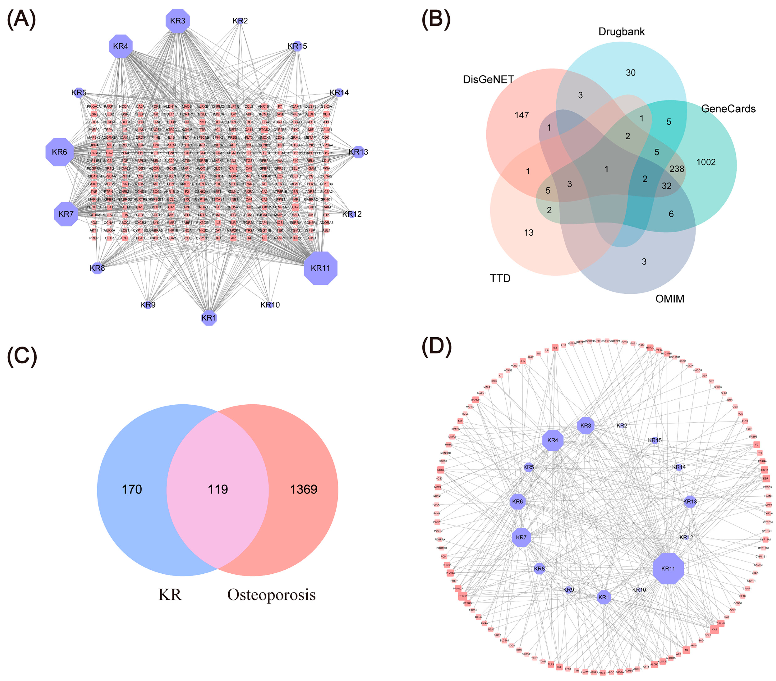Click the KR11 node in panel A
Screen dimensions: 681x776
click(320, 268)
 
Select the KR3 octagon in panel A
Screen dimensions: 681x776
click(178, 20)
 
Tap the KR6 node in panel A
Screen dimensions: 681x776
click(60, 152)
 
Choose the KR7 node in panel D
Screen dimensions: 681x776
click(521, 537)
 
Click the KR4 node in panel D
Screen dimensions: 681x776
click(553, 440)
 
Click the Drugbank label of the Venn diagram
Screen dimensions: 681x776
click(622, 31)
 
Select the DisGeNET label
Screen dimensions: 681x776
click(488, 79)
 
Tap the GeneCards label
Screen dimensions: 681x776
click(728, 109)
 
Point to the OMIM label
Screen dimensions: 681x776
click(670, 299)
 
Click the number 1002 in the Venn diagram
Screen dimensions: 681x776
click(706, 162)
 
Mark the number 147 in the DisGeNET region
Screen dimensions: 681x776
click(522, 115)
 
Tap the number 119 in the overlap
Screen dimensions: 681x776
click(218, 489)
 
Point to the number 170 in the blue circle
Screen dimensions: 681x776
click(132, 489)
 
